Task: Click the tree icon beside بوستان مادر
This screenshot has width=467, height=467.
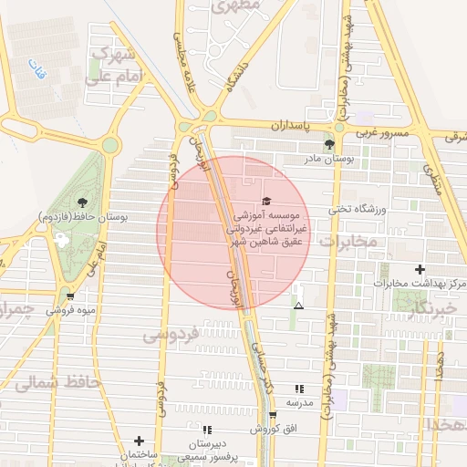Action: coord(329,144)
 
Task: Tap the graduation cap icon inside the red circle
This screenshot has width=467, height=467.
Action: coord(266,201)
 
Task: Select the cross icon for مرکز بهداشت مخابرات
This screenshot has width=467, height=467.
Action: coord(420,269)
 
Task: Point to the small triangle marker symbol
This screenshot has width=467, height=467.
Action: coord(298,306)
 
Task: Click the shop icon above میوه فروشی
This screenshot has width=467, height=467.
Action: coord(70,296)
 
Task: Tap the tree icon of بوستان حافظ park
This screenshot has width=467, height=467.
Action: coord(83,202)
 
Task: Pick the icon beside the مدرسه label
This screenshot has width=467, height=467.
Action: coord(299,389)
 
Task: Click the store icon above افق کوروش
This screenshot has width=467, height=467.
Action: coord(272,415)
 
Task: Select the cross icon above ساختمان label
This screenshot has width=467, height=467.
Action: coord(139,441)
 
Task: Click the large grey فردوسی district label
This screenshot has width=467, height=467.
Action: coord(171,335)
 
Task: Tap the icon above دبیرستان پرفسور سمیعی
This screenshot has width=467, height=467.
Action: coord(207,429)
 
